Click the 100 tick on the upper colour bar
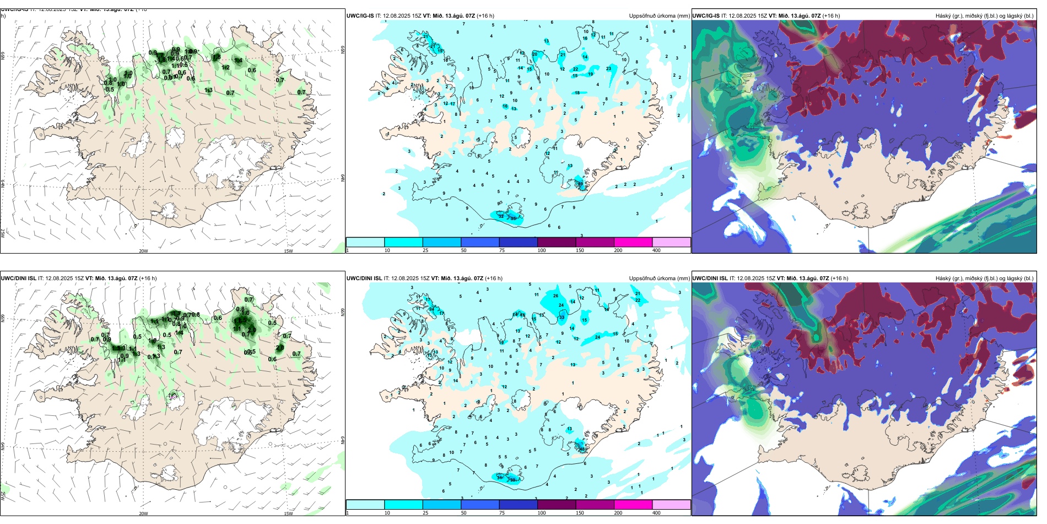(x=542, y=250)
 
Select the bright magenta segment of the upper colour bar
(x=633, y=242)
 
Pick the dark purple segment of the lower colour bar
(x=556, y=505)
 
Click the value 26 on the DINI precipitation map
(x=555, y=296)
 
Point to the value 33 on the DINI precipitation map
(x=562, y=317)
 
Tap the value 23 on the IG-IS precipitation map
(x=609, y=68)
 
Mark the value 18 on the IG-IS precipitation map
(x=578, y=93)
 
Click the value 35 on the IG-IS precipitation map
(x=514, y=218)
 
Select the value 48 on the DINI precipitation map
(x=582, y=449)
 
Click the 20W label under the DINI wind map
(x=143, y=514)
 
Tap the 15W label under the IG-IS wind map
(x=288, y=251)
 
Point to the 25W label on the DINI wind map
(x=3, y=496)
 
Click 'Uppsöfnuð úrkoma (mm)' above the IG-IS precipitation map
(x=659, y=16)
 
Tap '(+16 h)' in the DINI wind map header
(x=148, y=279)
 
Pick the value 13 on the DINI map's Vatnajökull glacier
(x=569, y=429)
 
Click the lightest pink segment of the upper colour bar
(x=671, y=242)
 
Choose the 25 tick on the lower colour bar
(x=425, y=513)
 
